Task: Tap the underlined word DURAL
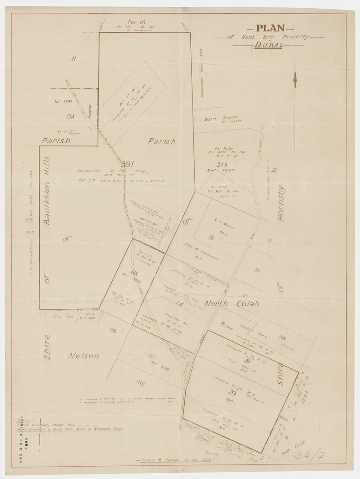pos(269,45)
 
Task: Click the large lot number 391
pos(127,164)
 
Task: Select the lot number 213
pos(222,165)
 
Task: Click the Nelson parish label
pos(83,356)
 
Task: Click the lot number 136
pos(112,330)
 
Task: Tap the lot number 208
pos(282,338)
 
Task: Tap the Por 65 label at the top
pos(136,22)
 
